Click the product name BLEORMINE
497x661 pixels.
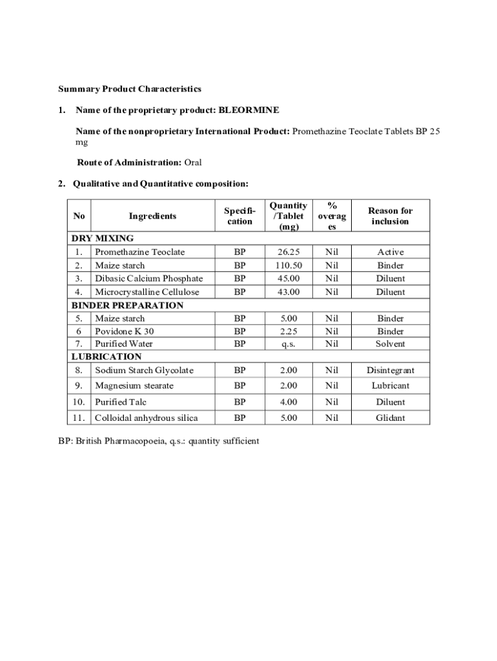249,110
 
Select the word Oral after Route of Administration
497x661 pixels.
193,162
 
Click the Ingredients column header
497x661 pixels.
152,216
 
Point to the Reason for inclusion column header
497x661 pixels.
390,216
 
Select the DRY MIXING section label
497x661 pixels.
102,238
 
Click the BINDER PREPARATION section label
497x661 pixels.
127,305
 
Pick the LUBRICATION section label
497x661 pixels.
106,356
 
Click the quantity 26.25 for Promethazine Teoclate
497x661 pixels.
289,252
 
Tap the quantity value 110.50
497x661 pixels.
289,265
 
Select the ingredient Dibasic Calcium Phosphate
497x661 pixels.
148,278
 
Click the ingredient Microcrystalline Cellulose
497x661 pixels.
147,292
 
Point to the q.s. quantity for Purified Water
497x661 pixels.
289,344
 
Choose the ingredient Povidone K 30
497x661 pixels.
124,331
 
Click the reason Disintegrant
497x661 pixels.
391,370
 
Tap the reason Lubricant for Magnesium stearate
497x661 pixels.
391,385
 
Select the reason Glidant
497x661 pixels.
391,418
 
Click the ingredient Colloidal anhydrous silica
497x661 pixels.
146,418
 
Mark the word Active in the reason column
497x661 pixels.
391,252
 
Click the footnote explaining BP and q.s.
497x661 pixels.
159,442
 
